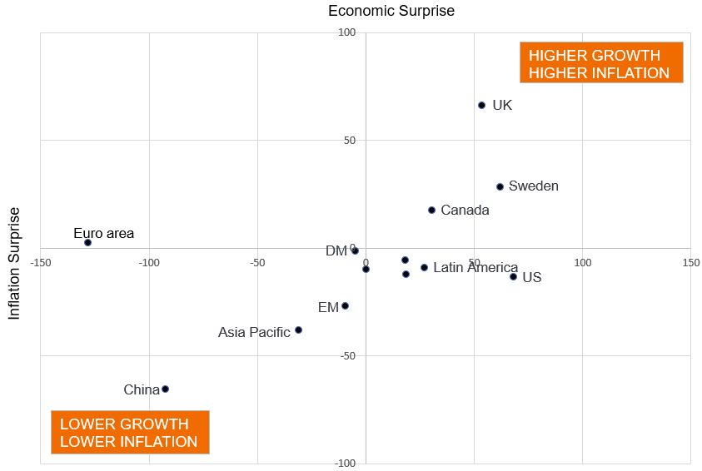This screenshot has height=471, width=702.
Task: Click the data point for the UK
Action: point(481,105)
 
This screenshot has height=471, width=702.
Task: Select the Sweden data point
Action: point(500,186)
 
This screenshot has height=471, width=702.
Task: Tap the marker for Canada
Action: point(431,210)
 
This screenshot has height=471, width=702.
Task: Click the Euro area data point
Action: point(87,242)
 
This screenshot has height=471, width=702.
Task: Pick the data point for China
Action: point(165,389)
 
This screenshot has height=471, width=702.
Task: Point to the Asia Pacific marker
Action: point(298,330)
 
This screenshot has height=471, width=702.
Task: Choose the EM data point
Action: point(345,305)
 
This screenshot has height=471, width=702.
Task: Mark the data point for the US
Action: point(513,276)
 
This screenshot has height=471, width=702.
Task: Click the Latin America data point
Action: point(424,267)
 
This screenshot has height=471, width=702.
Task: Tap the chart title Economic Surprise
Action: point(391,11)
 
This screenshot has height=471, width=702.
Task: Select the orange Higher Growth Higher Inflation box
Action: point(601,63)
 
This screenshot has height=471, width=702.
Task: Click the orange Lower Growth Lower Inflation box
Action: point(130,433)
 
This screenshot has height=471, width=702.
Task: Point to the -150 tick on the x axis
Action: point(41,263)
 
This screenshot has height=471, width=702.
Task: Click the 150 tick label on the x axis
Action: point(690,263)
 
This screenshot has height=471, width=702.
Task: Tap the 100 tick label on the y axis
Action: point(346,33)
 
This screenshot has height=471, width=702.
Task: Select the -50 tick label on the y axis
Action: point(346,356)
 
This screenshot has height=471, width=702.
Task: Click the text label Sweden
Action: point(534,186)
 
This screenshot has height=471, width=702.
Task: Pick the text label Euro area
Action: point(103,233)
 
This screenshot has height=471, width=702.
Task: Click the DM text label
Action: point(336,250)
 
